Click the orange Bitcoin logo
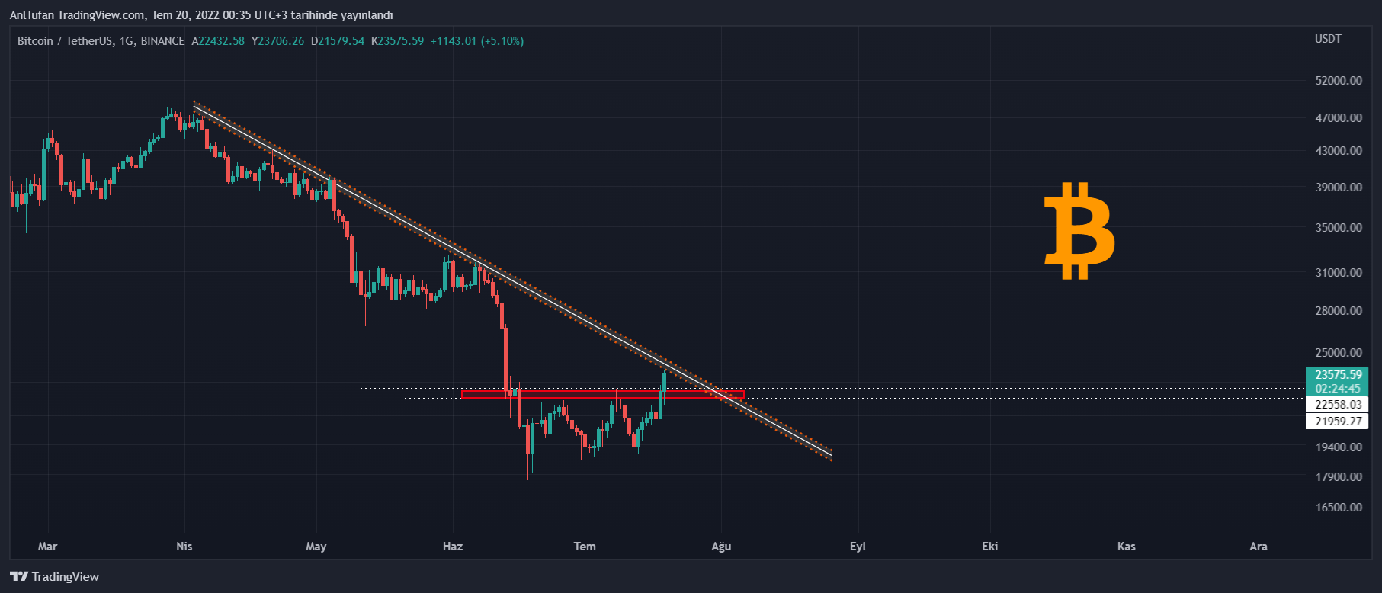(x=1079, y=230)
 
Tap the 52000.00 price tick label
(x=1339, y=81)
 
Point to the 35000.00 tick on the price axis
(x=1339, y=227)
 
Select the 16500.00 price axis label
(x=1339, y=507)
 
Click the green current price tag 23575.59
(x=1338, y=375)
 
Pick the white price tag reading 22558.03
(x=1338, y=405)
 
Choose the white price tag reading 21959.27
(x=1338, y=422)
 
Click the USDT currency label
(x=1328, y=39)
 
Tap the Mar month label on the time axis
(x=47, y=547)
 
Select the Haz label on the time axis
(x=453, y=547)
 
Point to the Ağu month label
(x=721, y=547)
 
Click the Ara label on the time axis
(x=1259, y=547)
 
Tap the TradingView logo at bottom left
(x=55, y=577)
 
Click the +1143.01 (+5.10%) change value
(x=477, y=41)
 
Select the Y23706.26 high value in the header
(x=277, y=41)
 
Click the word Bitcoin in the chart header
(x=35, y=41)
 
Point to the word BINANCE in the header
(x=162, y=41)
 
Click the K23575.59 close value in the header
(x=397, y=41)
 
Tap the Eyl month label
(x=858, y=547)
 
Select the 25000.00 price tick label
(x=1339, y=353)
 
